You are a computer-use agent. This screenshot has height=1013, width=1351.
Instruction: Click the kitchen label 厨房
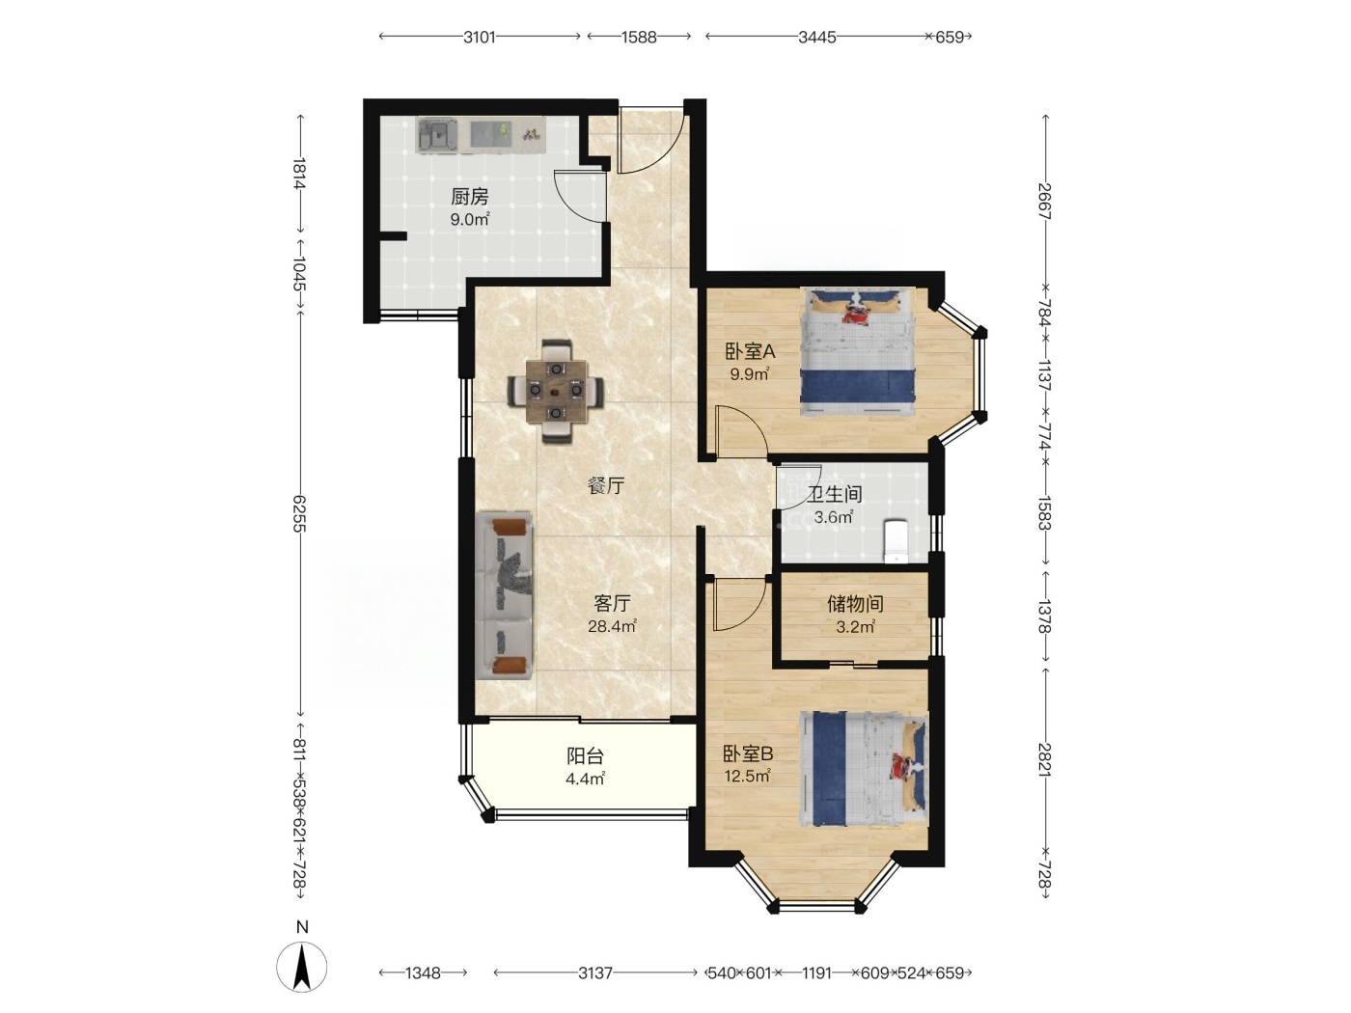(x=470, y=197)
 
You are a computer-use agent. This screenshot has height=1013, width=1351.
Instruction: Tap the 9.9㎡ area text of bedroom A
(x=750, y=374)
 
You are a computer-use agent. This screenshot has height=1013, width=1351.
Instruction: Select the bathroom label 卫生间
(x=835, y=494)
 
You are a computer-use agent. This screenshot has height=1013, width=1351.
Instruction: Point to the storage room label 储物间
(x=855, y=604)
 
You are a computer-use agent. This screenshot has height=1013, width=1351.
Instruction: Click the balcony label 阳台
(x=585, y=755)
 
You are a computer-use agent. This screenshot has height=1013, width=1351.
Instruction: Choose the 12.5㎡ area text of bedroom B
(x=748, y=777)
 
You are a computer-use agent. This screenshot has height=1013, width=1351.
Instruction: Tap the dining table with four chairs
(x=556, y=391)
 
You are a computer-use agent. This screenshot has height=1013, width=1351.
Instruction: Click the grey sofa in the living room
(x=504, y=595)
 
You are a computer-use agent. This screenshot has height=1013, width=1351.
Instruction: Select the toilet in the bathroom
(x=896, y=541)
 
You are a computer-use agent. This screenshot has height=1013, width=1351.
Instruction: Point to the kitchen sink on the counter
(x=437, y=136)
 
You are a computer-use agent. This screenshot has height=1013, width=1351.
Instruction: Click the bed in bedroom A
(x=858, y=353)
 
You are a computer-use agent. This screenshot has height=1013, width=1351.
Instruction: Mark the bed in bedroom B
(x=864, y=769)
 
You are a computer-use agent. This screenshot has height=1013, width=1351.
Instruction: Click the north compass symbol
(x=302, y=968)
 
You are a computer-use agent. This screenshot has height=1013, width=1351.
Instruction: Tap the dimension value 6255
(x=299, y=513)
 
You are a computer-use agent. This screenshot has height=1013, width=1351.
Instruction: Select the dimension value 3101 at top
(x=480, y=38)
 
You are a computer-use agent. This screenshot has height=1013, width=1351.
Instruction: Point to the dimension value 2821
(x=1044, y=760)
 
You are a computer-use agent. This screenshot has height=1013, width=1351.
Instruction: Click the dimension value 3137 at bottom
(x=595, y=973)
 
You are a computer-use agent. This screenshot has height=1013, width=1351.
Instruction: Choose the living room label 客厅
(x=612, y=604)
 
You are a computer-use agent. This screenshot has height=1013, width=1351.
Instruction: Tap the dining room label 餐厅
(x=606, y=486)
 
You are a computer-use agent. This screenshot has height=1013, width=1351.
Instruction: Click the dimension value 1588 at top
(x=639, y=38)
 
